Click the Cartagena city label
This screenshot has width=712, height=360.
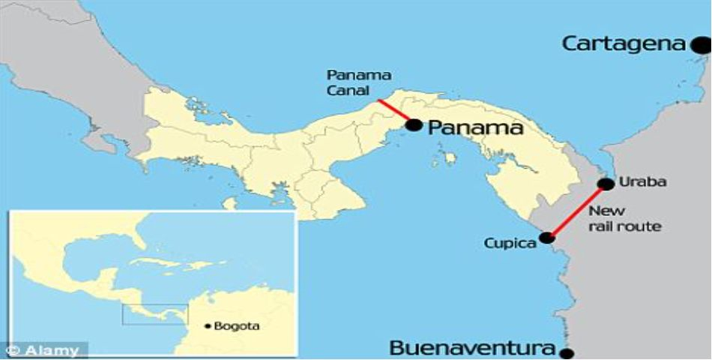pos(624,43)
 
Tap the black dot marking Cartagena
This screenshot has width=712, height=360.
pos(701,46)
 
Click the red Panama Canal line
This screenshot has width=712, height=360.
pos(392,109)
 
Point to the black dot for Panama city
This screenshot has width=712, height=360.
pos(414,125)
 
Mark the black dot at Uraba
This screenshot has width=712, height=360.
pos(606,184)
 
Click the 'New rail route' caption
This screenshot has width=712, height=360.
pos(624,218)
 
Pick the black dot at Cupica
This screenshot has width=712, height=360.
pos(547,238)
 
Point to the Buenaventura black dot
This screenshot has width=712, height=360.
pos(567,353)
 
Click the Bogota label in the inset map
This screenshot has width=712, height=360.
pos(238,326)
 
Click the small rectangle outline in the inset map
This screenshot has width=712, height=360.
pos(156,314)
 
